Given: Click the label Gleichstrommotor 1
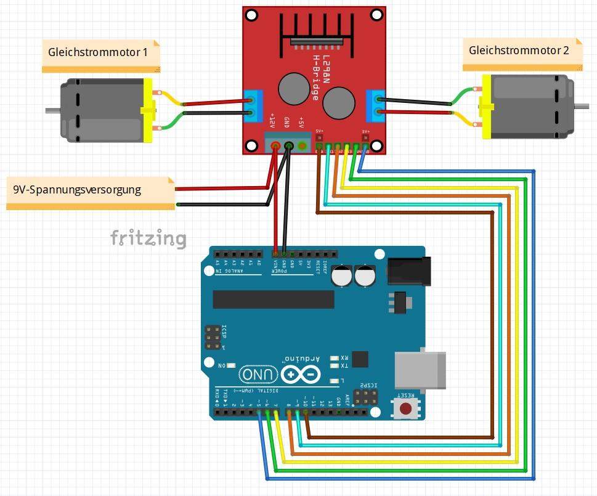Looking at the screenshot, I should coord(97,52).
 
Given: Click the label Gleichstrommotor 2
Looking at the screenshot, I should coord(518,51).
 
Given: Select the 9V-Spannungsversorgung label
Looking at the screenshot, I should coord(77,190).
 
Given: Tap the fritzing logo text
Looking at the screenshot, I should coord(148,238).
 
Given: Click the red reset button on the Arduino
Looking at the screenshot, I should coord(405,407).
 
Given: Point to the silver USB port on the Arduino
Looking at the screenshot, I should coord(420,370).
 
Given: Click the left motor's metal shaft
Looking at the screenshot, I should coord(52,111).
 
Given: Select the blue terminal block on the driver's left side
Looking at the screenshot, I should coord(251,106).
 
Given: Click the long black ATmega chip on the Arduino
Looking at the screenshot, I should coord(273,299).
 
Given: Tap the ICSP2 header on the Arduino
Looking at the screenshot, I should coord(368,396).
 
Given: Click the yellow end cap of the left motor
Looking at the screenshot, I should coord(147,111).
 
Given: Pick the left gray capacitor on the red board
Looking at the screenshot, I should coord(294,88).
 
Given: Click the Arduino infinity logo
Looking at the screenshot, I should coord(301,373).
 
